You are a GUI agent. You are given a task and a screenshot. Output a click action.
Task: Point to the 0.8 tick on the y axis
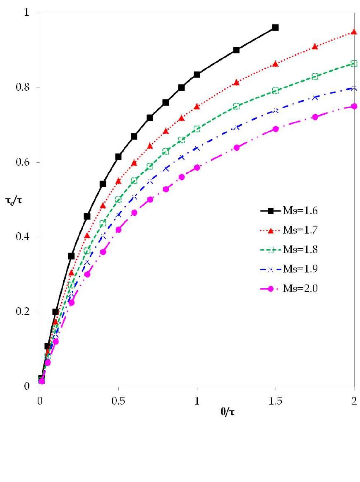click(x=28, y=88)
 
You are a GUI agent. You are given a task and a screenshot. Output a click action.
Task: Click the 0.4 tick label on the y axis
click(x=28, y=237)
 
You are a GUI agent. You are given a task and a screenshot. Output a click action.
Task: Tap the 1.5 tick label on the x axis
click(x=275, y=401)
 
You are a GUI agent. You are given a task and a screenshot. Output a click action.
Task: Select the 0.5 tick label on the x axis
click(x=118, y=401)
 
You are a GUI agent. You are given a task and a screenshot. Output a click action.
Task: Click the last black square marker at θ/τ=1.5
click(x=275, y=27)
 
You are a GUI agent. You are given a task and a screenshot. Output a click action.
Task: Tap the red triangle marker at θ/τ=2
click(x=354, y=31)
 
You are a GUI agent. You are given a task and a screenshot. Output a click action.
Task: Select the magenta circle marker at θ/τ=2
click(x=354, y=106)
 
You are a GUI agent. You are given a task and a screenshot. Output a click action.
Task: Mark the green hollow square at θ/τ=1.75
click(x=315, y=76)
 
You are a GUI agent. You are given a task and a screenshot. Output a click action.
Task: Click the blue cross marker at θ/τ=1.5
click(x=275, y=110)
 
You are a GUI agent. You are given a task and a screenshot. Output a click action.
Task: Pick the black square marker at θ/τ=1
click(x=197, y=75)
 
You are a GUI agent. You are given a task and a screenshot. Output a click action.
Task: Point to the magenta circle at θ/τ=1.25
click(x=236, y=147)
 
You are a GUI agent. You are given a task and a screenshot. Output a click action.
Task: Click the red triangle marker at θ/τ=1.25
click(x=236, y=82)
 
